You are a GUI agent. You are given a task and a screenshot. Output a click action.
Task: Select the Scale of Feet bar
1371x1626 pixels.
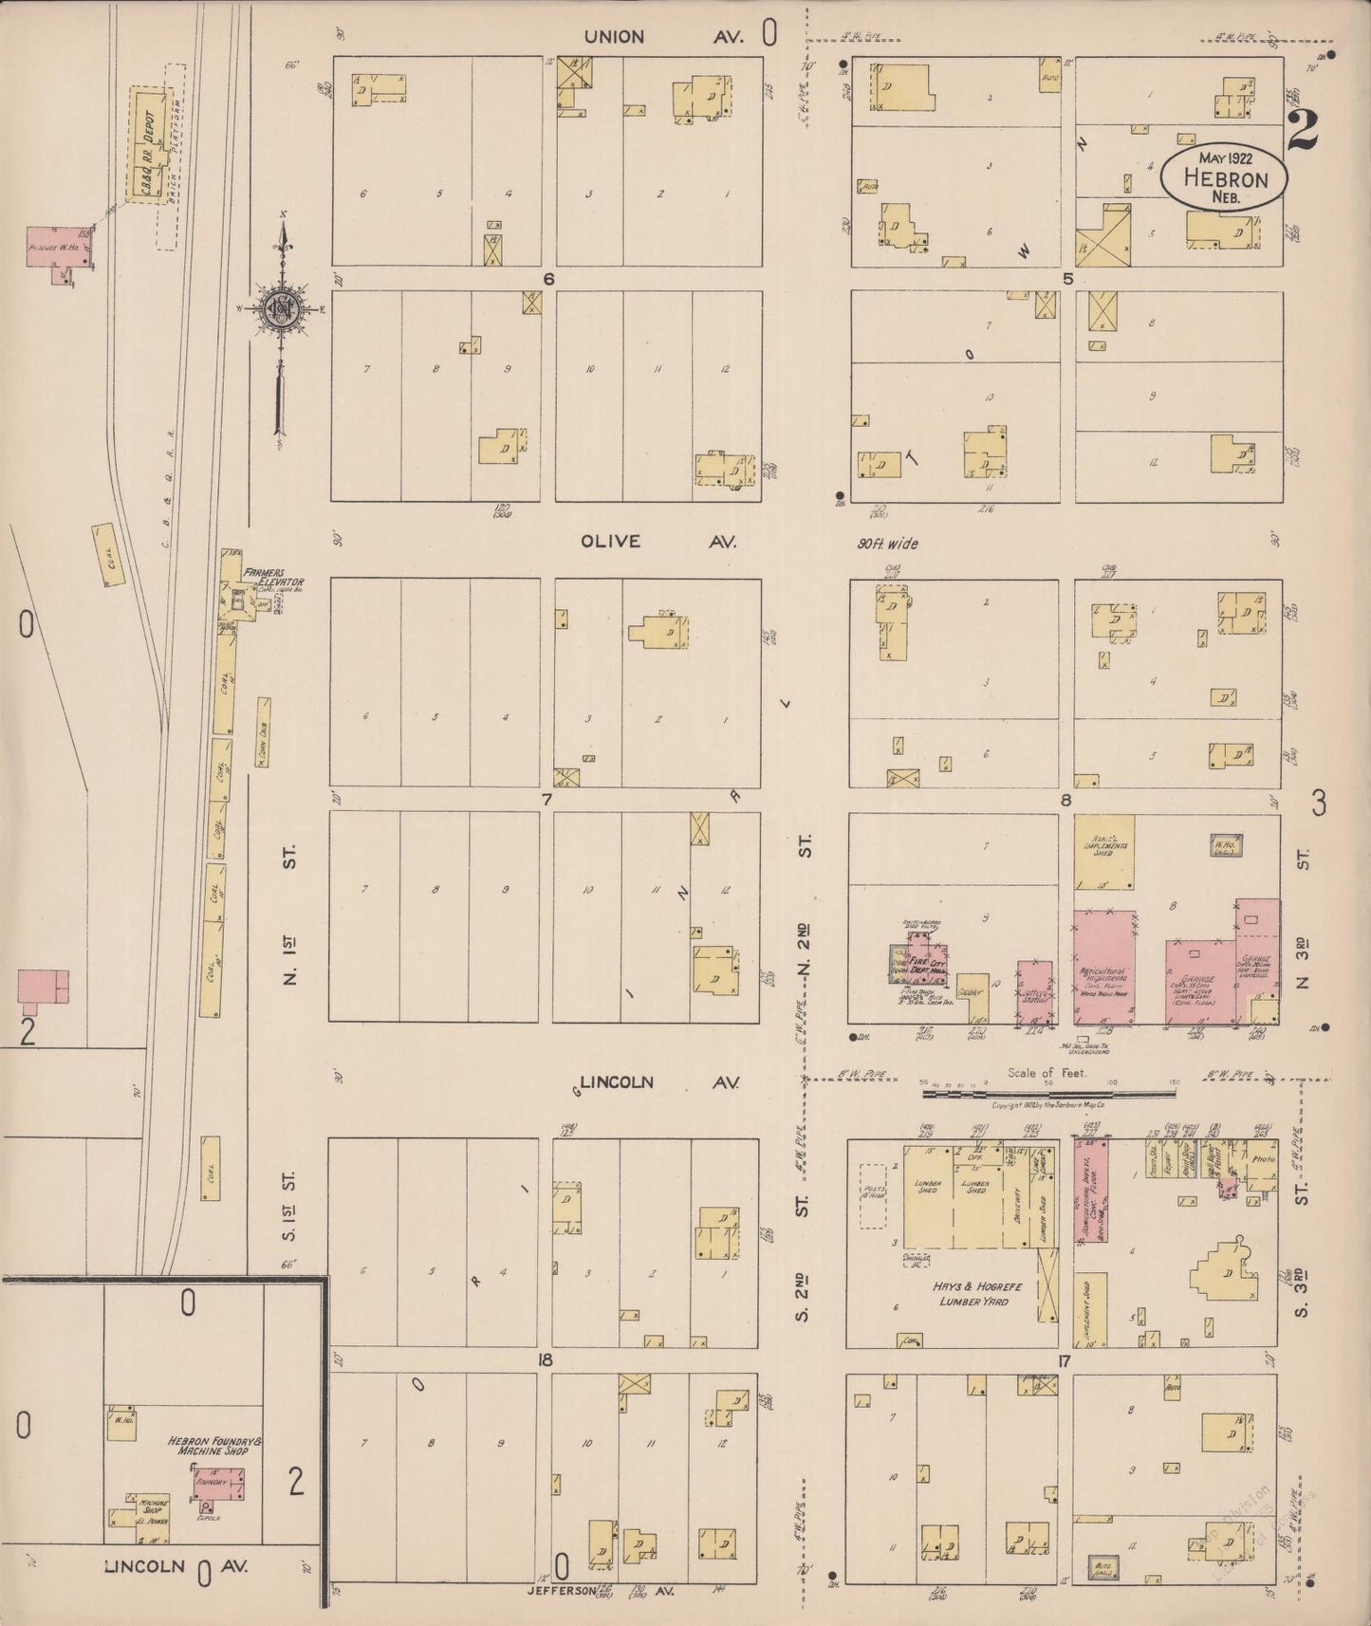click(1010, 1093)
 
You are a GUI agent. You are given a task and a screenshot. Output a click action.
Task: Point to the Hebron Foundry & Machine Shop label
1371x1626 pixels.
click(213, 1446)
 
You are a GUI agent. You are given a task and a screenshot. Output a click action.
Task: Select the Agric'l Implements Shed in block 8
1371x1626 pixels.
click(1104, 848)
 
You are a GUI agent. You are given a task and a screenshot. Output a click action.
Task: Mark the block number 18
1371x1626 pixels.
click(545, 1360)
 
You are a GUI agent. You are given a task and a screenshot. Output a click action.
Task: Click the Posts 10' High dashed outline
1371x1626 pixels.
click(873, 1193)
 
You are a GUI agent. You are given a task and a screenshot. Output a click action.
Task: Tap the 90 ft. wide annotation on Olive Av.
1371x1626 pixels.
click(886, 544)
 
